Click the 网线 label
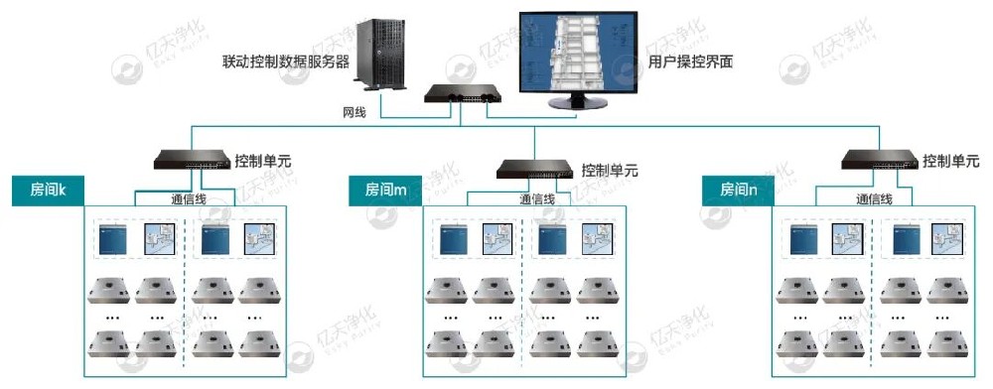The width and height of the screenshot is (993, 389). (355, 112)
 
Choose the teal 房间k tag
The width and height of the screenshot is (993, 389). (47, 190)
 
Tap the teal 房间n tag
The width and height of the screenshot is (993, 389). (739, 190)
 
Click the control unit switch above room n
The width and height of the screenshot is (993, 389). (879, 159)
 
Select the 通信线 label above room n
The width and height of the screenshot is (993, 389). (875, 198)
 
